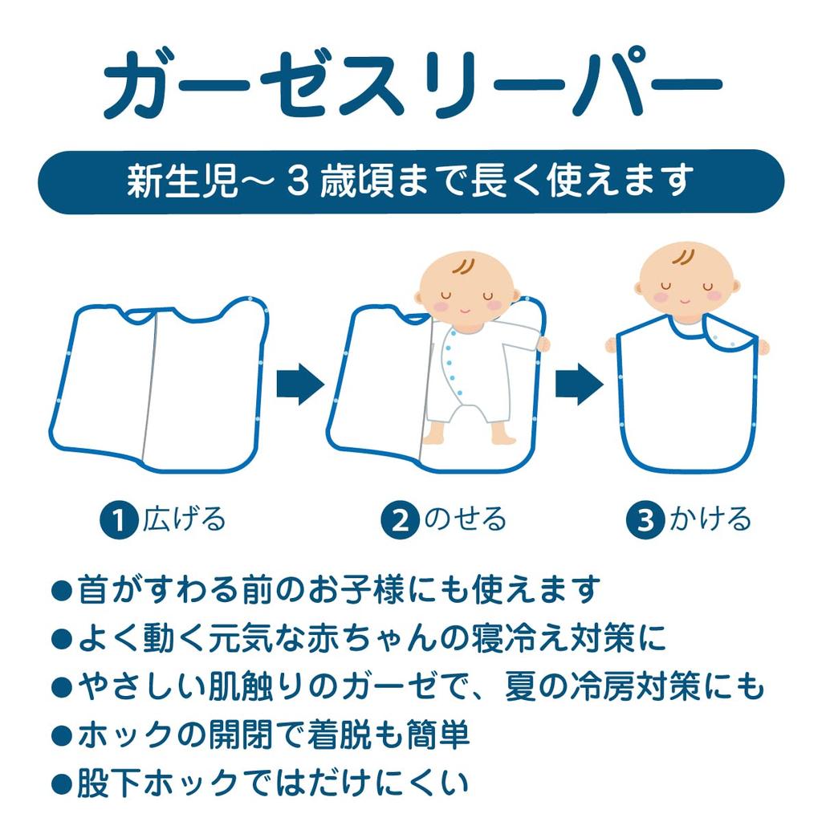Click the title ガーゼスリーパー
[411, 84]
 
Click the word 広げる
[185, 520]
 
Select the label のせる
[466, 520]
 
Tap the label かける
[710, 520]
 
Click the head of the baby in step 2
[468, 285]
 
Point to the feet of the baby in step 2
[469, 434]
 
